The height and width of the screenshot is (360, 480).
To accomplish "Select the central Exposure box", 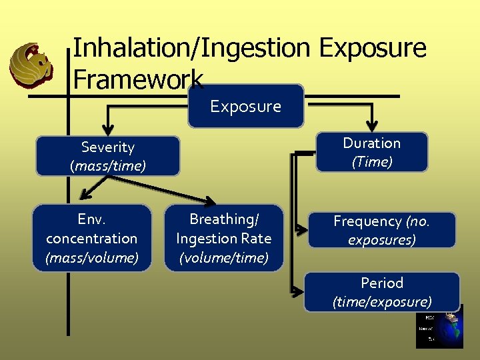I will coord(245,106).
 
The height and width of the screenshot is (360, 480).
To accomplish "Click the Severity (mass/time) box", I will coord(107,156).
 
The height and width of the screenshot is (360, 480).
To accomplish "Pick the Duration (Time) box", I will coord(371,152).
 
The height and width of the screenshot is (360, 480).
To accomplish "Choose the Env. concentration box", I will coord(92,238).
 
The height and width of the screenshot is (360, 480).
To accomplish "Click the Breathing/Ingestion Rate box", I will coord(223,238).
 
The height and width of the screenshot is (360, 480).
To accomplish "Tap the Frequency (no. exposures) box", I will coord(381,230).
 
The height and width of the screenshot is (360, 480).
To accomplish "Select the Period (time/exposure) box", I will coord(381,292).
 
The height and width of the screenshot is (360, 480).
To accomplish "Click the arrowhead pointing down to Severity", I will coord(107,129).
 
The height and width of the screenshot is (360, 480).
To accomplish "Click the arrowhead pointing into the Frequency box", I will coord(301,231).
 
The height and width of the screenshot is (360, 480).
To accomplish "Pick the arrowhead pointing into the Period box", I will coord(296,291).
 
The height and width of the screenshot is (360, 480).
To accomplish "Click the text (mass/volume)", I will coord(92,257).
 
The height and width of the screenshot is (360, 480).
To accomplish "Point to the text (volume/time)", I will coord(223,257).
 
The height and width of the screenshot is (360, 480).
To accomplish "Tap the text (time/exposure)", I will coord(381,302).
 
